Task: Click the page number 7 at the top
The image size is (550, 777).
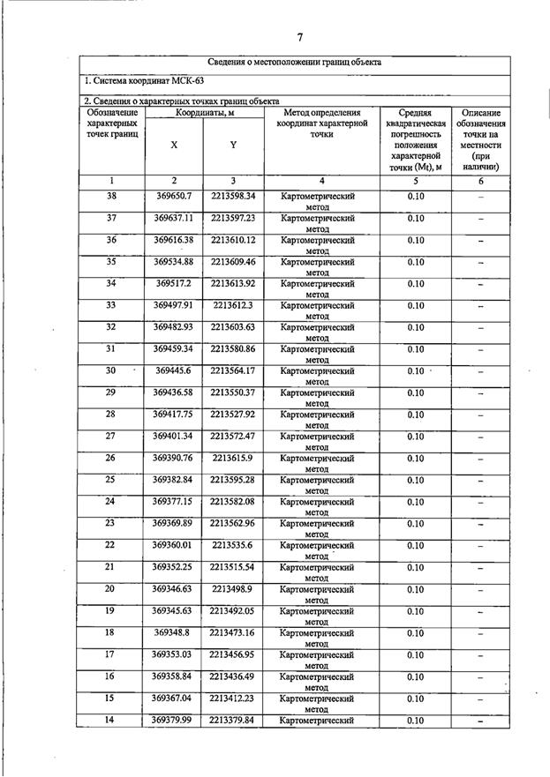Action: tap(299, 36)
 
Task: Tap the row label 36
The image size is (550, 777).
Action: tap(111, 239)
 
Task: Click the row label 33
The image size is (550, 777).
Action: tap(111, 304)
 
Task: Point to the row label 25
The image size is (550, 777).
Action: tap(111, 479)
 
